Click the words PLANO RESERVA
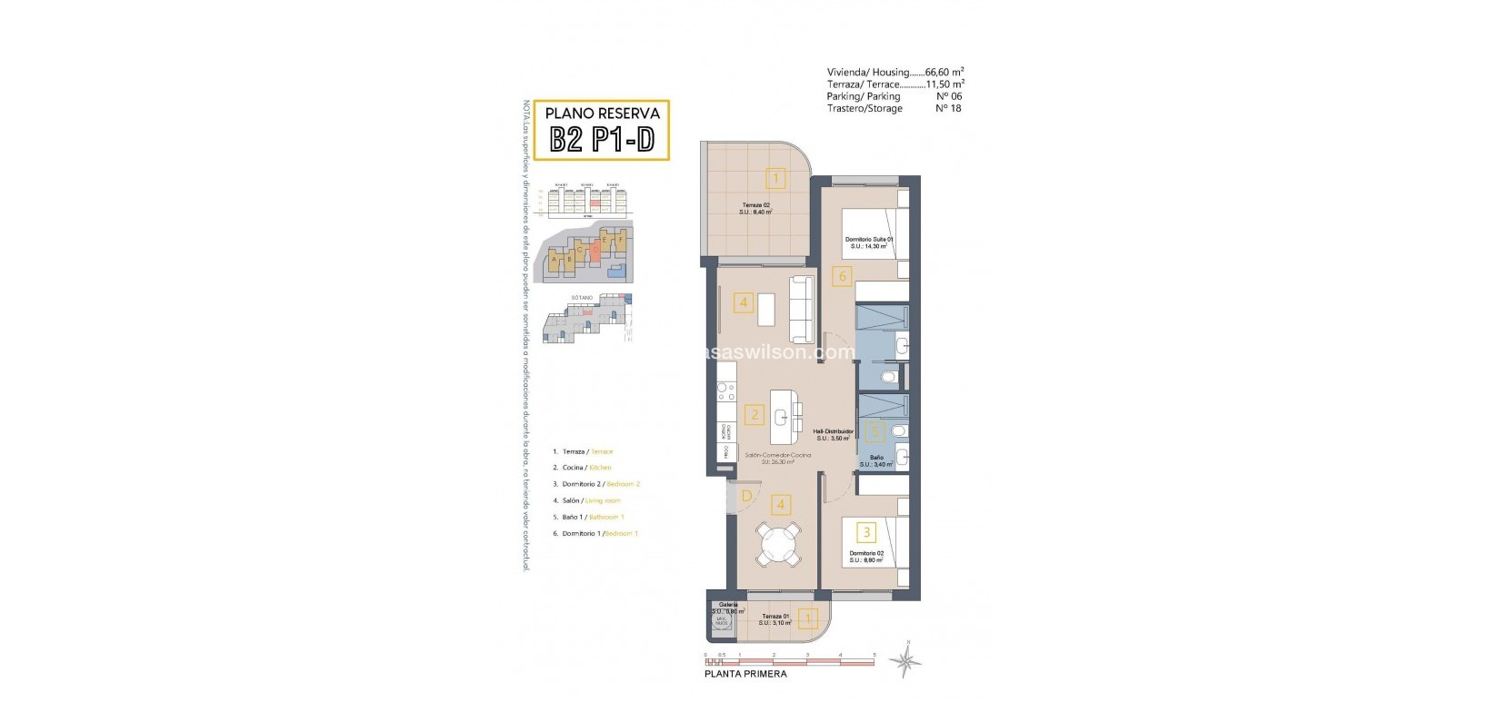(x=601, y=114)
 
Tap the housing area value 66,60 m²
(x=944, y=73)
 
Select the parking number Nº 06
(x=948, y=96)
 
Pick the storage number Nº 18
(x=948, y=108)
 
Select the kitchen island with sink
(x=783, y=417)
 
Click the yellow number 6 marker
(x=843, y=276)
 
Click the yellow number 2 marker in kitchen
(x=754, y=416)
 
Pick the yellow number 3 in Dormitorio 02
(x=867, y=532)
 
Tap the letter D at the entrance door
(x=746, y=496)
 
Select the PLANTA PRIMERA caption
(x=745, y=674)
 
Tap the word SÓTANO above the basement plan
(x=582, y=297)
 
